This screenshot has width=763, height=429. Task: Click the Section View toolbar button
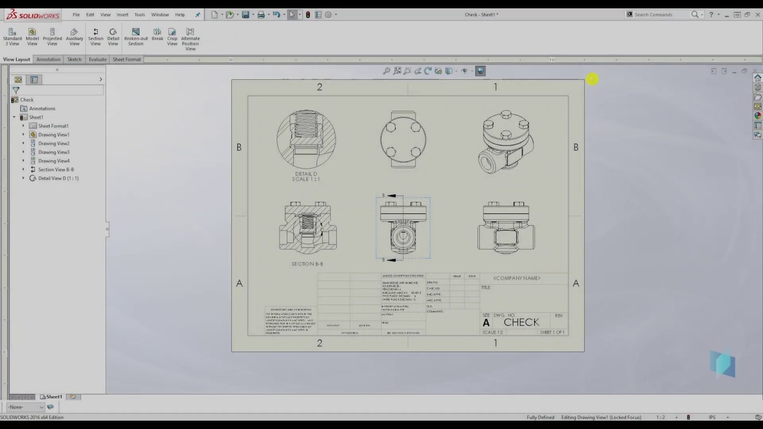95,37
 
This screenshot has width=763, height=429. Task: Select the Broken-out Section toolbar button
135,37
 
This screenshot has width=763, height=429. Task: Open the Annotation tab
48,60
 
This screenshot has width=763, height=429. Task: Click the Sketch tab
75,60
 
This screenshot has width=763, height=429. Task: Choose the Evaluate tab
97,60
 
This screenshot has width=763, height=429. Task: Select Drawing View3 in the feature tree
54,152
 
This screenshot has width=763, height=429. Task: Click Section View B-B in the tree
55,169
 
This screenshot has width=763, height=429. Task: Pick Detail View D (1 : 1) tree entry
58,178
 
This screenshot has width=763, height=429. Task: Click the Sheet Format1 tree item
53,126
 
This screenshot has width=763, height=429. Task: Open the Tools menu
139,15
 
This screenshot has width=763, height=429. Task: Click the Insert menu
122,15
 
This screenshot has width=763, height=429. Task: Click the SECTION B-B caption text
307,264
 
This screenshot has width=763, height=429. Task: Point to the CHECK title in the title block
521,322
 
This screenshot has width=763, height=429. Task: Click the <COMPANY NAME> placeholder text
517,278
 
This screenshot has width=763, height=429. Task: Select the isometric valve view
506,141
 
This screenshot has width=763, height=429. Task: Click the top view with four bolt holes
403,139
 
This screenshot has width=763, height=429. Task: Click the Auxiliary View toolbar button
74,37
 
